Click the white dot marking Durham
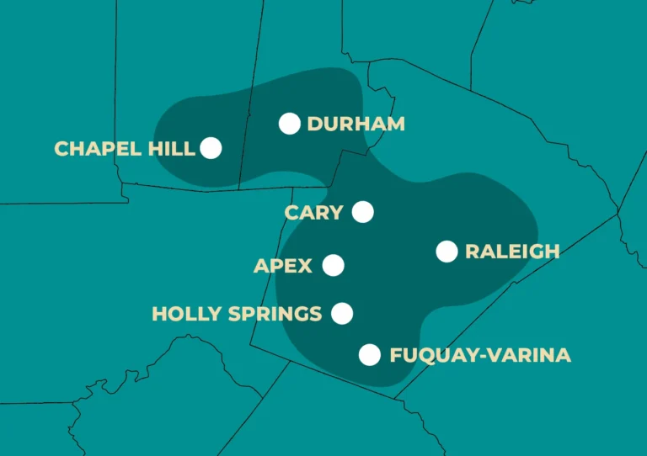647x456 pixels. coord(290,124)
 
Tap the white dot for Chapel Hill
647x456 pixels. coord(211,148)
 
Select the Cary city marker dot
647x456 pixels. coord(363,211)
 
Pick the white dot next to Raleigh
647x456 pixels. coord(446,251)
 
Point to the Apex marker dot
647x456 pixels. coord(334,266)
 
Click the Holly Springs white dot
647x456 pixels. coord(341,314)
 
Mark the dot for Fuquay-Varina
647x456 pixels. coord(369,355)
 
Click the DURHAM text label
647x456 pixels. coord(356,125)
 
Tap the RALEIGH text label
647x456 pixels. coord(511,252)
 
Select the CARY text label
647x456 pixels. coord(313,212)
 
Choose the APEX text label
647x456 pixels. coord(283,267)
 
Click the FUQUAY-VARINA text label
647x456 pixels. coord(480,356)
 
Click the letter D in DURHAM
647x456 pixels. coord(314,125)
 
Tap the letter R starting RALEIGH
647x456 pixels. coord(472,252)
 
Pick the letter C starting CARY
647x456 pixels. coord(291,212)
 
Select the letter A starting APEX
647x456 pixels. coord(260,267)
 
